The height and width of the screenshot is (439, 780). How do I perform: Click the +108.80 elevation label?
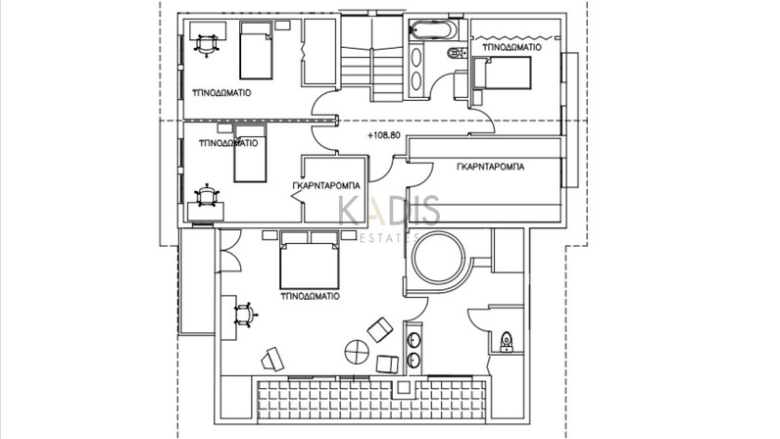click(383, 135)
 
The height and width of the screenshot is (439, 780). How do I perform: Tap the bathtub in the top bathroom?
click(432, 30)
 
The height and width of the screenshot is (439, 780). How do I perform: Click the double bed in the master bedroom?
click(309, 260)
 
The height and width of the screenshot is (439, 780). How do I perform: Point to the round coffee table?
click(357, 352)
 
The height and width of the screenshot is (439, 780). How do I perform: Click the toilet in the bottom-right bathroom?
click(507, 342)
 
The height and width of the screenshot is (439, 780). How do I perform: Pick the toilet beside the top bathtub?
click(457, 52)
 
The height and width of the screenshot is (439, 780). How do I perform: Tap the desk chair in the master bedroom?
click(245, 315)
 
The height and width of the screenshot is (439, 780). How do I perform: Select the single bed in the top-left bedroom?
click(256, 50)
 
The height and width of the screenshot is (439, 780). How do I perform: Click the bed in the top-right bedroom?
click(502, 73)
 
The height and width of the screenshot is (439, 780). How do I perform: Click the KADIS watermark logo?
click(389, 211)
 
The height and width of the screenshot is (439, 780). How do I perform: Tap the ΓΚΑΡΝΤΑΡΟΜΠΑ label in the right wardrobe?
click(490, 167)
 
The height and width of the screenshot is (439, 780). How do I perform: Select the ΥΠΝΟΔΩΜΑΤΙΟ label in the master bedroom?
click(310, 296)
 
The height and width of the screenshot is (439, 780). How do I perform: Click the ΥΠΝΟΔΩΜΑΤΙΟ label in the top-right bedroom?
click(512, 47)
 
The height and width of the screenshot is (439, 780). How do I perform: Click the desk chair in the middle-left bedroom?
click(206, 195)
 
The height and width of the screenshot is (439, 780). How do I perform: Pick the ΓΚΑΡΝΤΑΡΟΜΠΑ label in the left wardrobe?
click(326, 185)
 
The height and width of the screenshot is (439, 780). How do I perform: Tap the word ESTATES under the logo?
click(388, 238)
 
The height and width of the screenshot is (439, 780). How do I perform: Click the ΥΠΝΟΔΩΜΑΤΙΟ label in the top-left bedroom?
click(221, 92)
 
